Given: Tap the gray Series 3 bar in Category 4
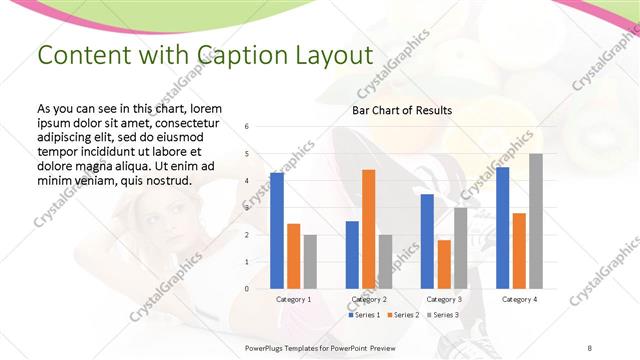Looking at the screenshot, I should tap(536, 221).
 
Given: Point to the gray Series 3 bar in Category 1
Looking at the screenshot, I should tap(310, 262).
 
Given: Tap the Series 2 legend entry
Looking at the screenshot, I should tap(402, 315).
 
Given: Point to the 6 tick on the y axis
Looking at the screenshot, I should tap(247, 127).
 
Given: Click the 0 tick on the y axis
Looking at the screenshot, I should tap(247, 289).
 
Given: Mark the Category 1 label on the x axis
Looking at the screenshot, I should tap(293, 299).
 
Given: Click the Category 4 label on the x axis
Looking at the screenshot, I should tap(519, 299).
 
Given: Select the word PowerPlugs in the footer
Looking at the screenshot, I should tap(265, 348).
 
